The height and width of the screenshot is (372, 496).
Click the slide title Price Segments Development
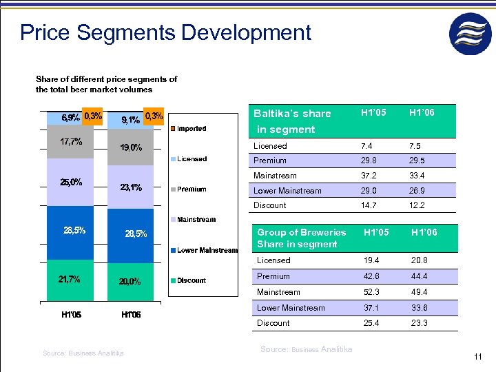[165, 32]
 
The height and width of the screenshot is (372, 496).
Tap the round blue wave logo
[471, 34]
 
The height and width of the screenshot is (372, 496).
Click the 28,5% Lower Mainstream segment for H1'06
[136, 234]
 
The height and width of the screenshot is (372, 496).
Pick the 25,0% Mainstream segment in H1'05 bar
[70, 183]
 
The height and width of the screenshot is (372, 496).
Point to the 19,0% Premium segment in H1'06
[131, 147]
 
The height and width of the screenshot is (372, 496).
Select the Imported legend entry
[191, 129]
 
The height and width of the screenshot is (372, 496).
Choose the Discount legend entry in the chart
[191, 280]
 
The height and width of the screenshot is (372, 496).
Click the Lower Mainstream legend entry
[207, 250]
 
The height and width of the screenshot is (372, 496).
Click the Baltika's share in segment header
[292, 121]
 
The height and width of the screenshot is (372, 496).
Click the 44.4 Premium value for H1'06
[420, 276]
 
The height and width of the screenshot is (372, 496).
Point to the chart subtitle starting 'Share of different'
[106, 84]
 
